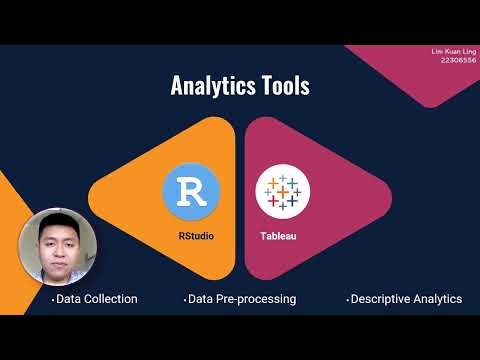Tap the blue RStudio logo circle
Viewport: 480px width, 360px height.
pyautogui.click(x=190, y=191)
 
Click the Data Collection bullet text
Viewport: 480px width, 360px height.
pyautogui.click(x=95, y=299)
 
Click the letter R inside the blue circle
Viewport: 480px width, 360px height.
pyautogui.click(x=190, y=191)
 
